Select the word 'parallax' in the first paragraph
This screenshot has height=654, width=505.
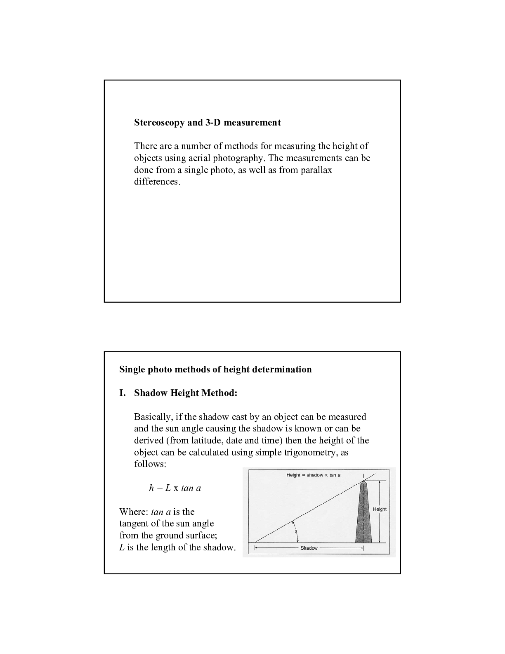coord(316,170)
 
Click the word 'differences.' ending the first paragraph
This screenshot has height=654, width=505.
coord(157,182)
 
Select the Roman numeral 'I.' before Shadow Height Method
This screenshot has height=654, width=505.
coord(122,393)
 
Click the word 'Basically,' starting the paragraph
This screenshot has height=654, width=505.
coord(153,417)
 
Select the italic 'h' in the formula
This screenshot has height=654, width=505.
coord(151,488)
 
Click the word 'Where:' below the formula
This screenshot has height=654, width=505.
coord(133,512)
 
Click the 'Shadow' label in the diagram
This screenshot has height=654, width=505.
coord(309,548)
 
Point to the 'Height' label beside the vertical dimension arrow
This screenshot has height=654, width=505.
coord(380,509)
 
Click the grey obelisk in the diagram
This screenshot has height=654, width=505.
coord(363,516)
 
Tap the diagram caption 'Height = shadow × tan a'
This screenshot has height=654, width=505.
coord(313,475)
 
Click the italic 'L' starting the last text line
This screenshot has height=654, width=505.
coord(122,547)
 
